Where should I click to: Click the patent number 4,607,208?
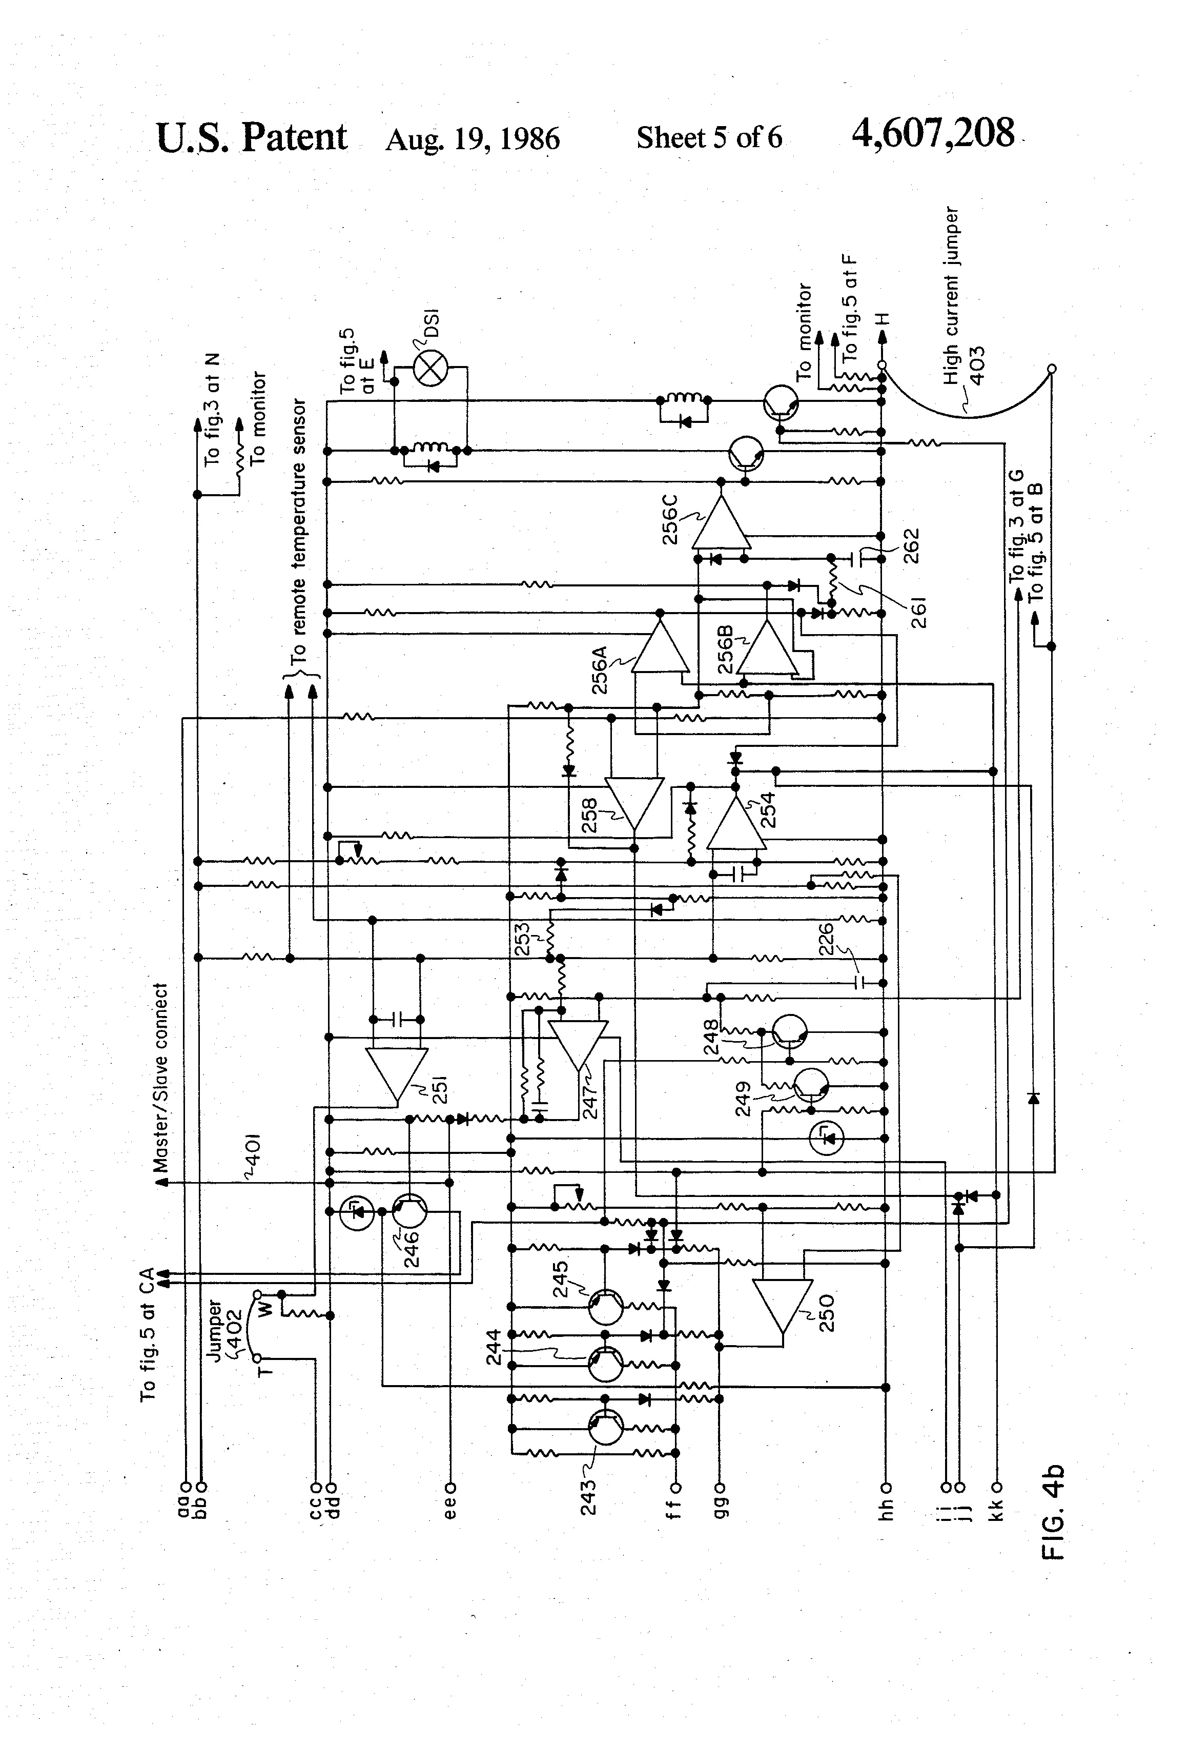coord(932,134)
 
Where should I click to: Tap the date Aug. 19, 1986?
coord(472,139)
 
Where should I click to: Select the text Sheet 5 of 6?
coord(709,137)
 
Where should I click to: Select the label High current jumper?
coord(952,295)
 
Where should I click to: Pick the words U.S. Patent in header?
coord(252,137)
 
